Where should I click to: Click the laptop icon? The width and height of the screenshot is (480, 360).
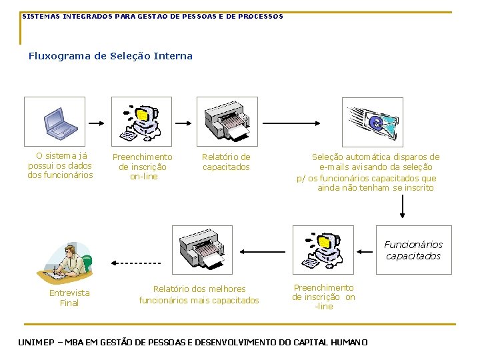pos(63,121)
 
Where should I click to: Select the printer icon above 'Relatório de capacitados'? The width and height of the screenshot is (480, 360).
pos(226,121)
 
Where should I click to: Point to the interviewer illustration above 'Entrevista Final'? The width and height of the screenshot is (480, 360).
pos(70,263)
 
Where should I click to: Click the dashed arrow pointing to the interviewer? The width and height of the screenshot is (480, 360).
pos(136,263)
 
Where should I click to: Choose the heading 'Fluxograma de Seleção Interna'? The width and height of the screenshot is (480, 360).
pos(111,56)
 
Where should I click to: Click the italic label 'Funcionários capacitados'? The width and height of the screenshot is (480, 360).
pos(413,250)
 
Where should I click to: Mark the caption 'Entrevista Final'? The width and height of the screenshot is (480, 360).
pos(69,298)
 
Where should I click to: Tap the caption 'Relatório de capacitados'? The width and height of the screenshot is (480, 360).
pos(226,162)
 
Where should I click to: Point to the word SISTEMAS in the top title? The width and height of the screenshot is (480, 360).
pos(41,16)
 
